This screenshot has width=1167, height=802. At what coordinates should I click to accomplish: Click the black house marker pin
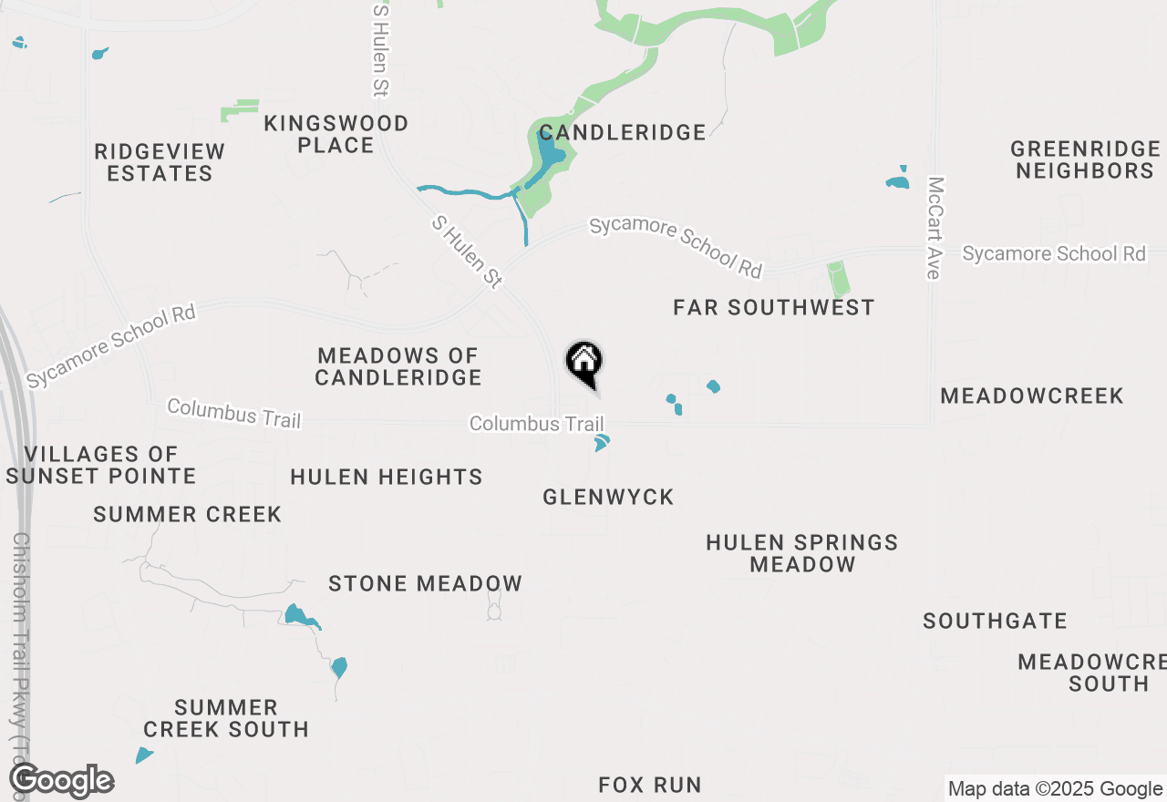point(584,363)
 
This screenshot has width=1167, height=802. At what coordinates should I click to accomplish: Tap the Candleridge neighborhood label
point(622,132)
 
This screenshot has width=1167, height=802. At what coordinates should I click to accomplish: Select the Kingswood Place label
point(336,134)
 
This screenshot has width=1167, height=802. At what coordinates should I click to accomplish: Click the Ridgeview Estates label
point(160,162)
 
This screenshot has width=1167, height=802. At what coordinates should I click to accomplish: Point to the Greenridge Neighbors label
point(1085,159)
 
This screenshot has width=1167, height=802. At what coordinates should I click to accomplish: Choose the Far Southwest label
point(773,307)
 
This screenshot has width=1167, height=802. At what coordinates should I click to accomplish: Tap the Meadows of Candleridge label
point(398,365)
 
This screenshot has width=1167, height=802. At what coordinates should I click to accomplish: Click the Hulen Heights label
point(387,477)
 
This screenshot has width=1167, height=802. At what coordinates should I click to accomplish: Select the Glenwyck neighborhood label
point(608,497)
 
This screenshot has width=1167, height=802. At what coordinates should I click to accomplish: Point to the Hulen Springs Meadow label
point(802,553)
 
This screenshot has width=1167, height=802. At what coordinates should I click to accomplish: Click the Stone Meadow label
point(425,583)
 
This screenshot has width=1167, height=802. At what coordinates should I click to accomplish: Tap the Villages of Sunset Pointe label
point(100,465)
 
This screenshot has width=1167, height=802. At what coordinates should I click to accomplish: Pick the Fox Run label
point(650,784)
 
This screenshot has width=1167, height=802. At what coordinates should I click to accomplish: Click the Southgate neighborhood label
point(995,621)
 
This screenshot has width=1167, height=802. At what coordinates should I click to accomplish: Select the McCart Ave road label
point(933,228)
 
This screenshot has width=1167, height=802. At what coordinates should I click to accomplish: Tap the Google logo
point(61,781)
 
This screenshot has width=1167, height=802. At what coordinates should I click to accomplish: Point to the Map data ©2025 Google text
point(1054,789)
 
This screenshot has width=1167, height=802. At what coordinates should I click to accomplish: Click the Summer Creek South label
point(226,718)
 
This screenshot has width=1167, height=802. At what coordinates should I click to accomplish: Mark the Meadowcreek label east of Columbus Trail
point(1032,396)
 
